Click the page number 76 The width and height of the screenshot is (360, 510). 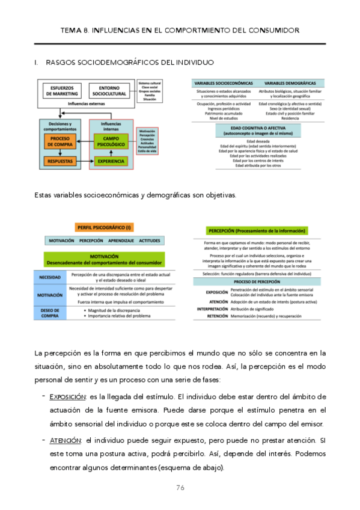tap(180, 487)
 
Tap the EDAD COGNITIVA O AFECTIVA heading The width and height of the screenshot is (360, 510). tap(257, 129)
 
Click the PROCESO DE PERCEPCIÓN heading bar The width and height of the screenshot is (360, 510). tap(257, 281)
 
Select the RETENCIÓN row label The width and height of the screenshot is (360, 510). tap(216, 316)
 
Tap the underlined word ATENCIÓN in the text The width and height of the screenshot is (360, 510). tap(66, 440)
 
